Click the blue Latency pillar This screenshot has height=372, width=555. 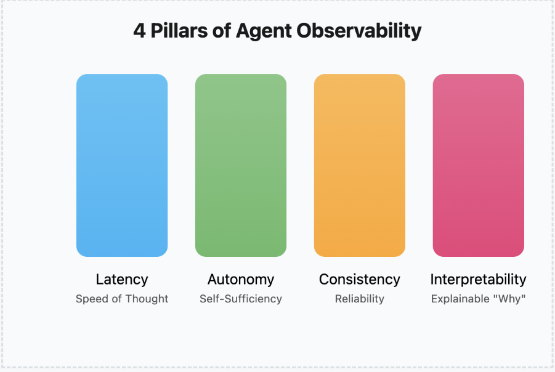[122, 165]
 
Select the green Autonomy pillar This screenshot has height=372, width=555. [241, 165]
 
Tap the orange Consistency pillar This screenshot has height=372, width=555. [360, 165]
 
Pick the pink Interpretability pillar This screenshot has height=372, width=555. [479, 165]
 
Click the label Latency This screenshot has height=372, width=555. [122, 279]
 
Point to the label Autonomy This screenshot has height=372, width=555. [241, 279]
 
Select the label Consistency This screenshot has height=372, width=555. [360, 279]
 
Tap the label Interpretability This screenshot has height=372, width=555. [479, 279]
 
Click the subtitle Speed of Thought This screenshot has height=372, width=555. [122, 299]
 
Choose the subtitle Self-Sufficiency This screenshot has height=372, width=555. [241, 299]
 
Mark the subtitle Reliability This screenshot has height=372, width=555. [360, 299]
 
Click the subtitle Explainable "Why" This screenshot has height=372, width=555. [479, 299]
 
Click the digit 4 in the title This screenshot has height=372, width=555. [140, 31]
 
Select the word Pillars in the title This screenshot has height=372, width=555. [180, 31]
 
